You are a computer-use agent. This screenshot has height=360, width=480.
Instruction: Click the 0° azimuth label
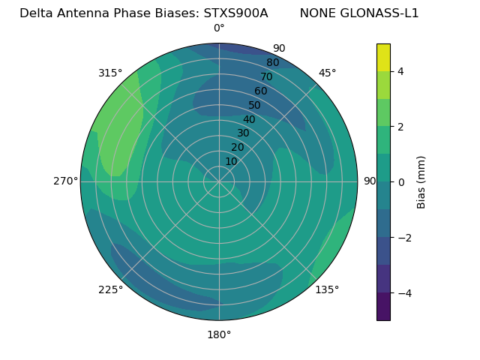[219, 28]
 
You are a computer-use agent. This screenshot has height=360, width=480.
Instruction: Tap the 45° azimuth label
[328, 73]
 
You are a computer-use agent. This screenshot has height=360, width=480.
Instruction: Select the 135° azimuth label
[327, 289]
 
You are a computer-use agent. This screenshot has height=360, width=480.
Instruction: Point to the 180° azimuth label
[219, 334]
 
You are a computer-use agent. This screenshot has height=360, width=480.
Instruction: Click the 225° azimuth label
[110, 289]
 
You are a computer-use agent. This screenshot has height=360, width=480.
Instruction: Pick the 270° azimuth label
[66, 181]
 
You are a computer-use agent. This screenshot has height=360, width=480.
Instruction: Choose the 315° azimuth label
[110, 73]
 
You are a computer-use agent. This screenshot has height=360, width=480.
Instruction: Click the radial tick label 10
[231, 161]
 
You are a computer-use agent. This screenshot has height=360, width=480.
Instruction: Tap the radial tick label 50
[254, 105]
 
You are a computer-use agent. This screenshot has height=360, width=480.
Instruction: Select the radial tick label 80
[272, 62]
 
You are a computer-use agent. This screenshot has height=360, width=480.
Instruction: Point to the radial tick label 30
[243, 133]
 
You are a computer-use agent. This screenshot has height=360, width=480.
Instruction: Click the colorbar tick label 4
[400, 71]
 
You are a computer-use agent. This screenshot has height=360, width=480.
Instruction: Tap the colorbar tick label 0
[400, 181]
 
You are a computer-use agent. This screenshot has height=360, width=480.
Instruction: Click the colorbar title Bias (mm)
[421, 181]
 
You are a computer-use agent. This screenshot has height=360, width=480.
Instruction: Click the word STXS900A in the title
[235, 13]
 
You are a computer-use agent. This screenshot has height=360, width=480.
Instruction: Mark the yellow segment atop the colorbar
[383, 57]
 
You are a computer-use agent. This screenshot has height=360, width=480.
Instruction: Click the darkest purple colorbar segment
[383, 306]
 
